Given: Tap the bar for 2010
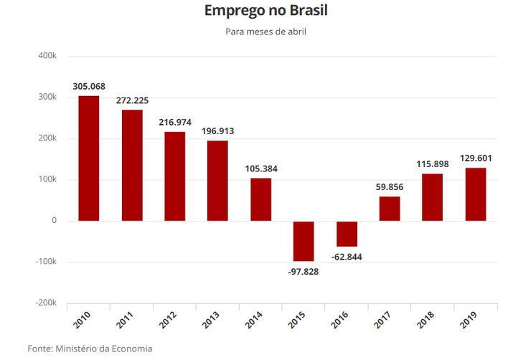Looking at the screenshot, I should [x=89, y=158].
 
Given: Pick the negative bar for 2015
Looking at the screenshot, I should [x=303, y=241].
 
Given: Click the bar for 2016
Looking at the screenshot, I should [x=347, y=234].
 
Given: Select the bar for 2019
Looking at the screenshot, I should [x=476, y=194].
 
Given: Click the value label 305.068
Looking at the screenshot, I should [x=89, y=87].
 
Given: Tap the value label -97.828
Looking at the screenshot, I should [x=303, y=271].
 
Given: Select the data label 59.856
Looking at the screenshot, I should [x=390, y=187].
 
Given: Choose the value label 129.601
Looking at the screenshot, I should [x=476, y=158].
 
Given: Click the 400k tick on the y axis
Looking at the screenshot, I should [x=47, y=55].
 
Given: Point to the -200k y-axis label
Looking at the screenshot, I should [x=45, y=303].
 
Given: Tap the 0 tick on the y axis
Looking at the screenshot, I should [x=54, y=221].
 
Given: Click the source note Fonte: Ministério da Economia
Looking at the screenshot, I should [x=90, y=349].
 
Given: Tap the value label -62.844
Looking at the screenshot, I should [x=347, y=257].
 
